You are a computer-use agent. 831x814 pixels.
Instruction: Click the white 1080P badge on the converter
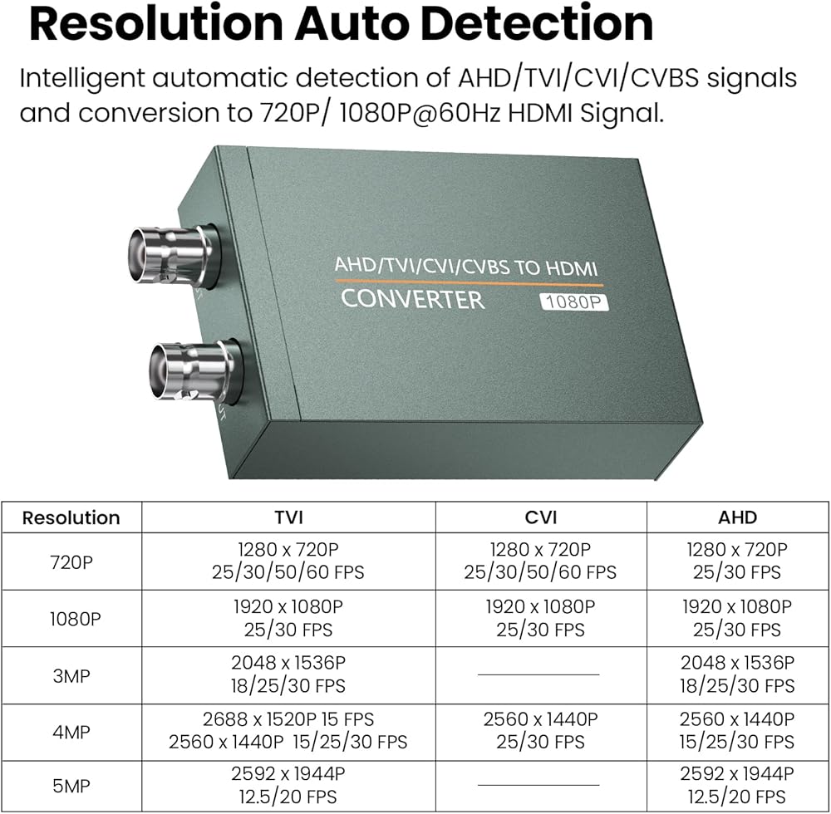(574, 302)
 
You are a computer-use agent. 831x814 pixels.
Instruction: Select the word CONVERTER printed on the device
(413, 299)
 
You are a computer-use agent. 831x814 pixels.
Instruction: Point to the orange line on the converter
(469, 282)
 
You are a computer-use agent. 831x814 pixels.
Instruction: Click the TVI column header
(289, 517)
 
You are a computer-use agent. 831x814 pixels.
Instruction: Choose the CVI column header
(541, 517)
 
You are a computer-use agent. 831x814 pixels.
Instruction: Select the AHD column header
(737, 517)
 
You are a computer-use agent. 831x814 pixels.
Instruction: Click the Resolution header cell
(71, 517)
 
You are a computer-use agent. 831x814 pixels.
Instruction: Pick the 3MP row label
(71, 676)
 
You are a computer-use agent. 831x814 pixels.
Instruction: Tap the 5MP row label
(71, 786)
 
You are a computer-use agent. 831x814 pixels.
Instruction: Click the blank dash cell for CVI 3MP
(538, 674)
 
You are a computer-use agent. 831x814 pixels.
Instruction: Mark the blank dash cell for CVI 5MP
(538, 785)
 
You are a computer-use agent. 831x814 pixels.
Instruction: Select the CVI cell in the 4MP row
(541, 730)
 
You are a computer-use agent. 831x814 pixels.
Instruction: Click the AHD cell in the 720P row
(737, 561)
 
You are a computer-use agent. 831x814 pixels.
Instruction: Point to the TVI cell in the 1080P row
(288, 618)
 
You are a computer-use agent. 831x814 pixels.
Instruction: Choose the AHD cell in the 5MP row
(737, 786)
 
